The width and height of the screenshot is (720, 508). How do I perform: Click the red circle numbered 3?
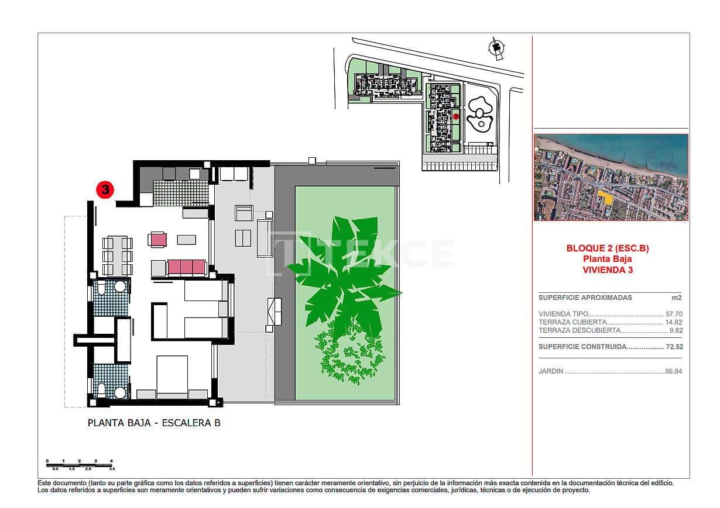click(105, 189)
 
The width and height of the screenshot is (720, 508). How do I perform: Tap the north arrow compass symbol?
click(497, 49)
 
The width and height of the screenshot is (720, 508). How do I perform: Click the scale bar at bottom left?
click(80, 464)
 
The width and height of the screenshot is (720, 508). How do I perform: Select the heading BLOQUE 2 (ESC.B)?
click(607, 248)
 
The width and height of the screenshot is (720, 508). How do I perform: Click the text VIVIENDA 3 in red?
click(607, 270)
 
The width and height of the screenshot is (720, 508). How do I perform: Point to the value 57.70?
click(674, 314)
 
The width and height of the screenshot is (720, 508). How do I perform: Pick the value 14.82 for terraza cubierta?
click(674, 322)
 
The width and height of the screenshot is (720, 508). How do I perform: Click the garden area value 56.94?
click(674, 371)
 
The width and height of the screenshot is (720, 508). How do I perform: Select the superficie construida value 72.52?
click(674, 347)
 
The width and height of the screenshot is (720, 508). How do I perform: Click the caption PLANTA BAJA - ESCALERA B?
click(154, 423)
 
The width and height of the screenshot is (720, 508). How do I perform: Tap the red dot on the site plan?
click(455, 117)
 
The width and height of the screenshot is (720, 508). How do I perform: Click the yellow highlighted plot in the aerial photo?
click(607, 198)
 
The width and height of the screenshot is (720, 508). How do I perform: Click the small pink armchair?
click(158, 239)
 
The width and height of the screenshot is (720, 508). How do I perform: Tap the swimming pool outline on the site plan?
click(480, 115)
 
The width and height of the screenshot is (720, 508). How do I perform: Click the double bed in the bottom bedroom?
click(172, 377)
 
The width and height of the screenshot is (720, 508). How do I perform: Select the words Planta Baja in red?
click(607, 260)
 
